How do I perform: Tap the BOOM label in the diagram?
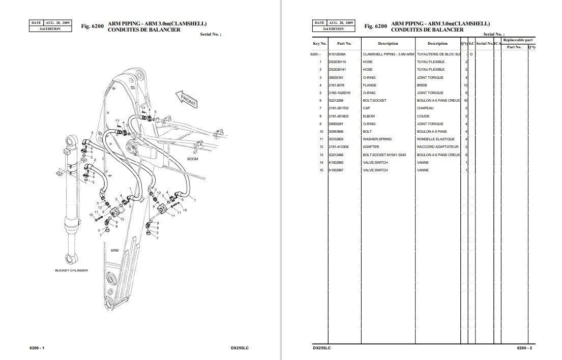tap(193, 159)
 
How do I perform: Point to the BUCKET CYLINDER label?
tap(71, 271)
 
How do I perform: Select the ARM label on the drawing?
tap(114, 250)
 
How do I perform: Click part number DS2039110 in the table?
tap(337, 62)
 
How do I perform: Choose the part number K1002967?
tap(337, 170)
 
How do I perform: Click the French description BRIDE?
tap(423, 85)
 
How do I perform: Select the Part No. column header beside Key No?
tap(344, 44)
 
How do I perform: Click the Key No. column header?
tap(320, 44)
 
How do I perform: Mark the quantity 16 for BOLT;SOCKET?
tap(465, 101)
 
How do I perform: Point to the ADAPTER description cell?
tap(371, 146)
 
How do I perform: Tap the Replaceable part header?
tap(518, 40)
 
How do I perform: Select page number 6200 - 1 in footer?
tap(38, 348)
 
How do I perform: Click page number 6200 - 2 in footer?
tap(524, 348)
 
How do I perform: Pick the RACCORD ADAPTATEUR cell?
tap(437, 146)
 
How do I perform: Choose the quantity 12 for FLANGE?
tap(465, 85)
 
